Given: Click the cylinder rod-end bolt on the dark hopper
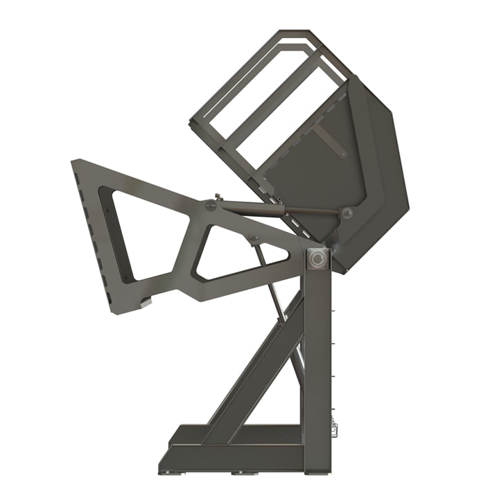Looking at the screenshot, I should coord(347,213).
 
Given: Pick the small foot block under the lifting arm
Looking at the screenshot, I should coord(144,302).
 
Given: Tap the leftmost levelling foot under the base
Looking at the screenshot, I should coord(182,473).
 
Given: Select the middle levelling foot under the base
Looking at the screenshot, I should coord(240,473).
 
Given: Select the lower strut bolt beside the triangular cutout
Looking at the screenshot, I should coord(254,240).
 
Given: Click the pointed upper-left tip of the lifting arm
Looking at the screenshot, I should coord(74,162).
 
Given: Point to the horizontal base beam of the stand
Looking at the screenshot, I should coord(236,457).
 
